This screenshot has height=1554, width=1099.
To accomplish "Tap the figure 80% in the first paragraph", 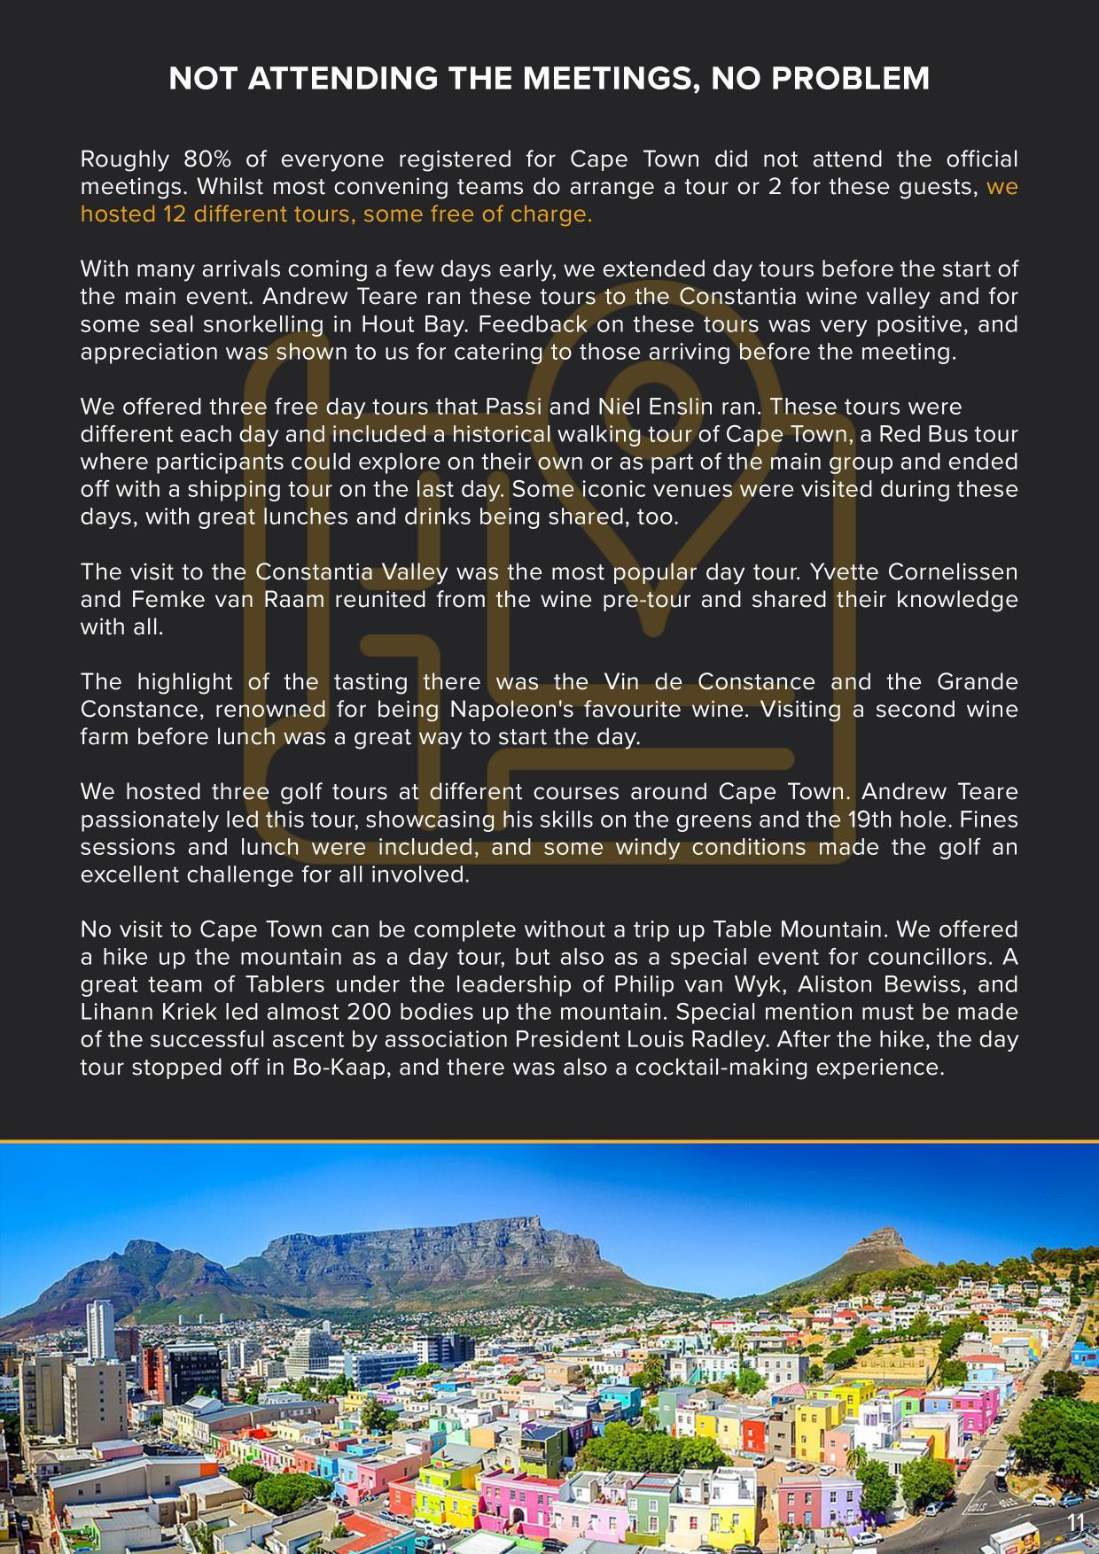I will [207, 159].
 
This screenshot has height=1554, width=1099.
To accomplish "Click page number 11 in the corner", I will [1076, 1521].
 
